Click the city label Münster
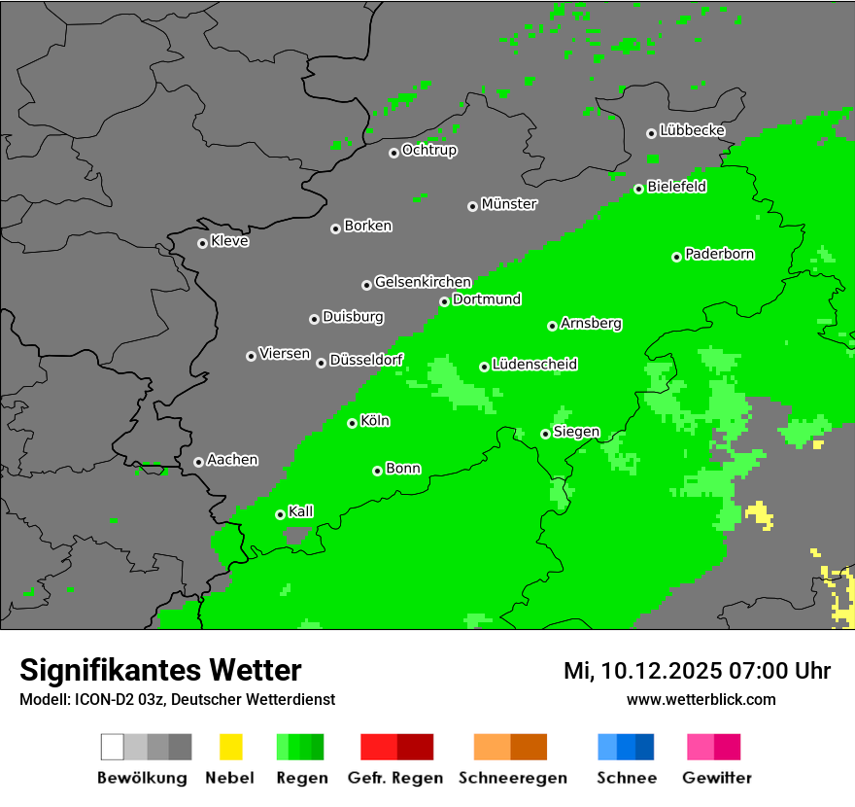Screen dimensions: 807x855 509,204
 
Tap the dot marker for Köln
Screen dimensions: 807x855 352,423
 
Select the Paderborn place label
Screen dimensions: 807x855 720,255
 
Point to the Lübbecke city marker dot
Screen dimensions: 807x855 651,133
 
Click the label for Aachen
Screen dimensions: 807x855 233,460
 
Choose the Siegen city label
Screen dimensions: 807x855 577,432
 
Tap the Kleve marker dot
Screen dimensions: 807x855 202,243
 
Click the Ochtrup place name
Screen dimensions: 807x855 429,151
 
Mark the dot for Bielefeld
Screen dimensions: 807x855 638,189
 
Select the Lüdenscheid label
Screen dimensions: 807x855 535,365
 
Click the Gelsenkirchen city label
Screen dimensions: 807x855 424,283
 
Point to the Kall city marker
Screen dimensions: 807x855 280,514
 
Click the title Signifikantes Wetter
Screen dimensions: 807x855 160,670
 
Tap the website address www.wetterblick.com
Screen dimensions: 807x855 701,700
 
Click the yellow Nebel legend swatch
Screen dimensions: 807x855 230,747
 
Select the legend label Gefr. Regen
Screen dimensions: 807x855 395,778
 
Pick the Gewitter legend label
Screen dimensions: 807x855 717,778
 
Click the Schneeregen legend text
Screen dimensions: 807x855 513,778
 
